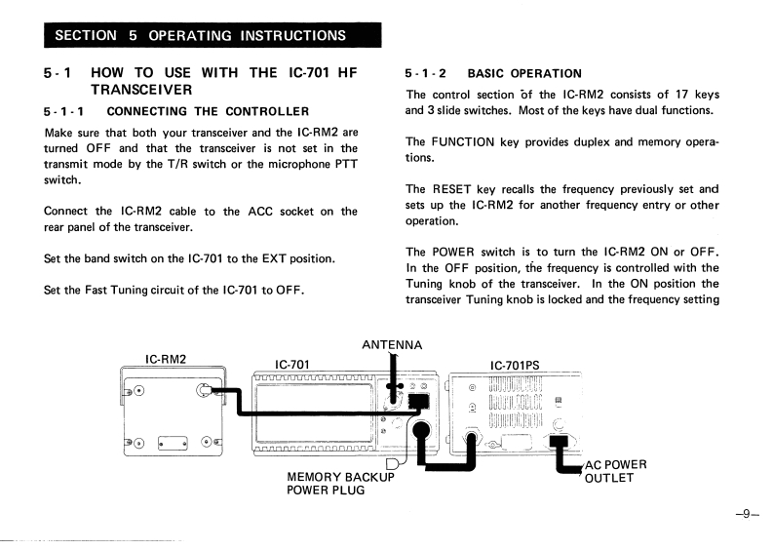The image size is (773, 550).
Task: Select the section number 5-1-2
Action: point(425,73)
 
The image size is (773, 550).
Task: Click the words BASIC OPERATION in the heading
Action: point(524,73)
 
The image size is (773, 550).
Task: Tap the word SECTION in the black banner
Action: point(88,36)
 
